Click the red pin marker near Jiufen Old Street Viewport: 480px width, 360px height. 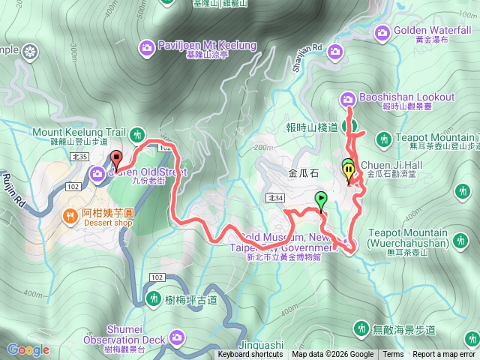tap(116, 159)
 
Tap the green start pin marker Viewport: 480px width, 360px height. tap(321, 199)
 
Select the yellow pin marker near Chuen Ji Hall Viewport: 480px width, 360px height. tap(349, 172)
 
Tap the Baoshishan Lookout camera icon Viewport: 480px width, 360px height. tap(348, 97)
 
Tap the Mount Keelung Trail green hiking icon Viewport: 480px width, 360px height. tap(136, 135)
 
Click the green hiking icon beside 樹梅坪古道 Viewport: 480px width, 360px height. tap(153, 299)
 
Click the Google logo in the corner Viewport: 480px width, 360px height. tap(28, 349)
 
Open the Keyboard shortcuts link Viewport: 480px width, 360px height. tap(250, 355)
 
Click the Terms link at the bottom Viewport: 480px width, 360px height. tap(393, 355)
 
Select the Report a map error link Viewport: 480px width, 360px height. tap(444, 355)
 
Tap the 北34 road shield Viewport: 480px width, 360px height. tap(274, 197)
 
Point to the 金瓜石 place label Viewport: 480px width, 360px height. tap(304, 172)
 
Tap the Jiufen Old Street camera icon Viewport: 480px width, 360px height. tap(98, 175)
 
